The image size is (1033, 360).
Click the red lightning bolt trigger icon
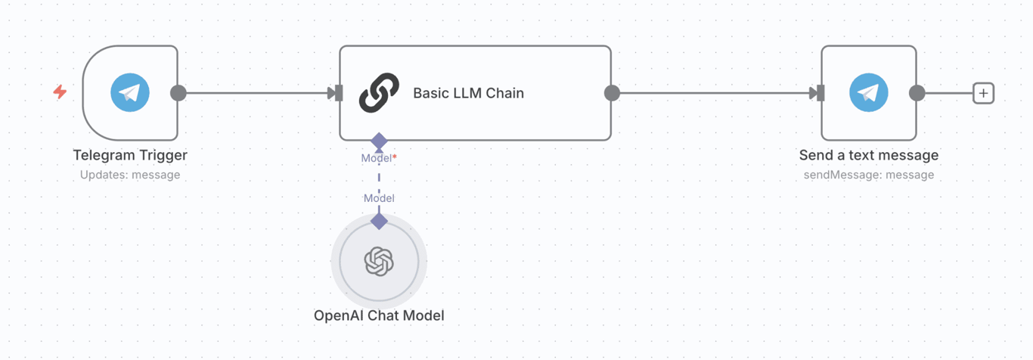click(x=60, y=92)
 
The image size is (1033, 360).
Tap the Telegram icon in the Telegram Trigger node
click(x=130, y=93)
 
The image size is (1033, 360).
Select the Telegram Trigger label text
click(x=130, y=155)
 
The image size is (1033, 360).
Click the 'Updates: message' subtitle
click(x=130, y=175)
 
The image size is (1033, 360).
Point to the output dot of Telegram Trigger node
click(x=178, y=93)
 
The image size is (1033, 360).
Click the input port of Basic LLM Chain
click(x=337, y=93)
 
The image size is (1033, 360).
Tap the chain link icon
click(x=379, y=93)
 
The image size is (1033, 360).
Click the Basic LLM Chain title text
click(x=468, y=93)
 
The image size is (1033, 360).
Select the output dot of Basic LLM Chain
click(x=613, y=93)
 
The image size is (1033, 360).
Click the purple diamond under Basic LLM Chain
click(x=379, y=141)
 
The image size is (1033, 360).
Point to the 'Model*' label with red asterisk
click(x=379, y=158)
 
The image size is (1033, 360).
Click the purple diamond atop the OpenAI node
click(x=379, y=221)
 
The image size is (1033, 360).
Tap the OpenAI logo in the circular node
click(x=379, y=262)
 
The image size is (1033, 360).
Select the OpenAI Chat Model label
click(x=379, y=315)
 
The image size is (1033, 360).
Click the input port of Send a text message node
click(x=819, y=93)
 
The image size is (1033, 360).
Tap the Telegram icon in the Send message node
click(x=868, y=93)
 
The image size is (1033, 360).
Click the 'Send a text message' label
click(x=868, y=155)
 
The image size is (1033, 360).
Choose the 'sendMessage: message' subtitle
click(x=868, y=175)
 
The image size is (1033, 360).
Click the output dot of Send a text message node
click(x=917, y=93)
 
